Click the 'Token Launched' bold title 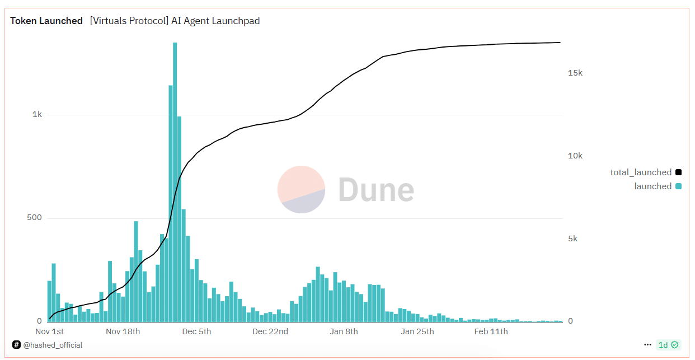click(x=46, y=21)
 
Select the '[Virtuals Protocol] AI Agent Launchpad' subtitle click(x=175, y=21)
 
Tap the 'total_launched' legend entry click(x=641, y=172)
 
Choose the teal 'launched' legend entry click(x=652, y=186)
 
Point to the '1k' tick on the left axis click(x=37, y=114)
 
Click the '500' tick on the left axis click(x=35, y=217)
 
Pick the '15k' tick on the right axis click(x=575, y=73)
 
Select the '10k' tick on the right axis click(x=575, y=156)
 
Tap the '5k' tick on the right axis click(x=572, y=239)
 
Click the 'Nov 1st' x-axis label click(x=50, y=331)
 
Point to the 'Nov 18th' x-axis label click(x=123, y=331)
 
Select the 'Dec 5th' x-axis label click(x=197, y=331)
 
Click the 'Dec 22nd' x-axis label click(x=270, y=331)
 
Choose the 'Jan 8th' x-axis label click(x=344, y=331)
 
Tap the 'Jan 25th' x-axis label click(x=417, y=331)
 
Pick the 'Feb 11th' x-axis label click(x=491, y=331)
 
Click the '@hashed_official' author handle click(x=53, y=345)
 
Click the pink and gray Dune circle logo click(x=301, y=189)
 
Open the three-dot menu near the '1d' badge click(x=647, y=345)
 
